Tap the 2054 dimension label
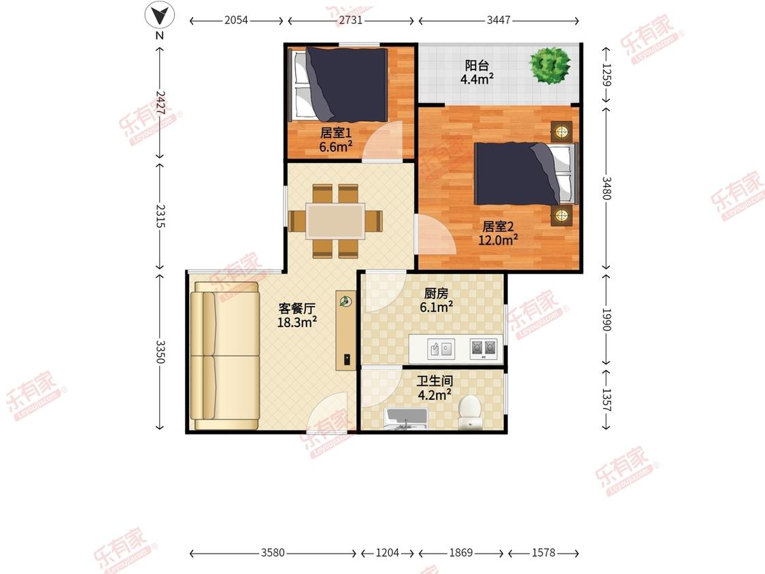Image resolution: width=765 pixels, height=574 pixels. pos(236,20)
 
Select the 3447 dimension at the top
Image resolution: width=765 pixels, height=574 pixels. pos(498,20)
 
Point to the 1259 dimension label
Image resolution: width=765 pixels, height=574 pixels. pos(605,75)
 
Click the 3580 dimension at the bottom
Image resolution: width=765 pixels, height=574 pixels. pos(273,552)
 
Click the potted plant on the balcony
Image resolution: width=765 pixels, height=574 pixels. pos(550,65)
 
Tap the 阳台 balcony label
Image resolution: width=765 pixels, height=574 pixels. pos(477,65)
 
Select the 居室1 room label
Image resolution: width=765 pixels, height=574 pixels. pos(336,133)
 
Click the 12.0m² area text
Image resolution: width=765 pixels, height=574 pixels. pos(498,239)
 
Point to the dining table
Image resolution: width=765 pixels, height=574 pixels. pos(335,221)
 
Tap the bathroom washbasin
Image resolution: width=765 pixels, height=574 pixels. pos(406,419)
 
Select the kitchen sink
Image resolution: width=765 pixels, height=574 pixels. pos(441,349)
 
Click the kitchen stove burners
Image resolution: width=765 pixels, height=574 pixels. pos(483,349)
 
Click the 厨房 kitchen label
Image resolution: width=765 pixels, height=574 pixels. pos(436,293)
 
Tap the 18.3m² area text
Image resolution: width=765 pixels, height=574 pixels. pos(297,322)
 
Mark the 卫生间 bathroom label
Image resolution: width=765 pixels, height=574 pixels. pos(435,381)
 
